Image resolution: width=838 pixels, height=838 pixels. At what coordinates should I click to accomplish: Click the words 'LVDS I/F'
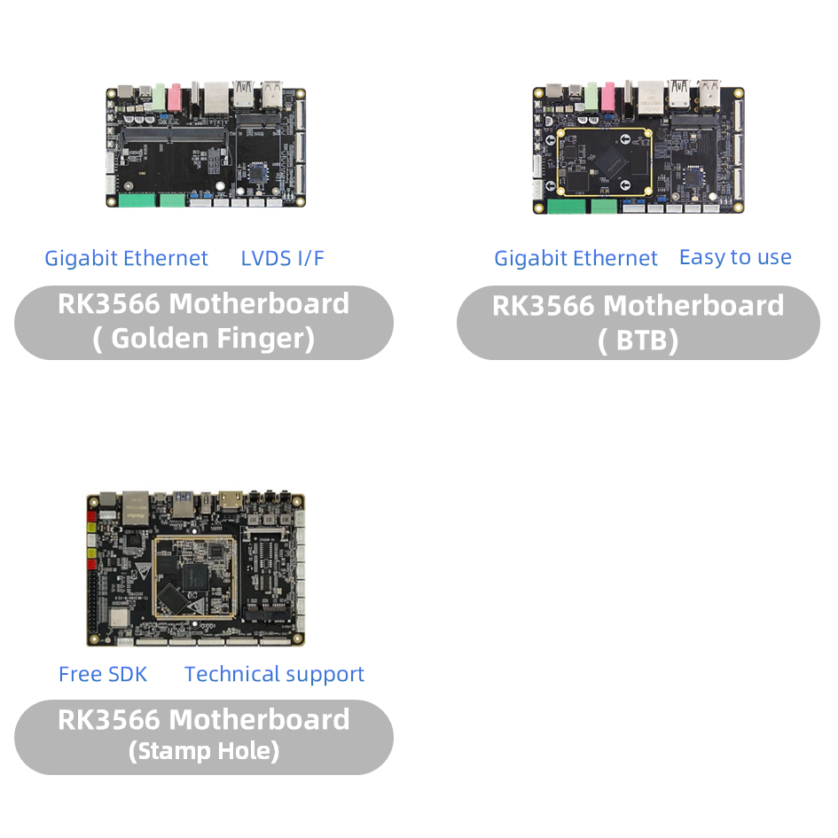pos(282,258)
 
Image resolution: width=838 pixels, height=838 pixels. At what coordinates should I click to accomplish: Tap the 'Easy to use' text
pos(735,257)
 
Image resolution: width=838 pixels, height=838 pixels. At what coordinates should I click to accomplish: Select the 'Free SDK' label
pos(103,674)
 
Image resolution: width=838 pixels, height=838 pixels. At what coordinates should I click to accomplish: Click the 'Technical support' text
pos(274,675)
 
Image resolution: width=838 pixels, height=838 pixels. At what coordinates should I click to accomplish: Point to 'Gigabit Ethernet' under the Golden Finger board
pos(126,259)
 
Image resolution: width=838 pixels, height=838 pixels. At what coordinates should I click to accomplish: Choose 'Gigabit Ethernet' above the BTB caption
pos(576,259)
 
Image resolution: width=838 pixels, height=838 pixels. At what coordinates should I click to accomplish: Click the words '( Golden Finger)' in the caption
pos(204,338)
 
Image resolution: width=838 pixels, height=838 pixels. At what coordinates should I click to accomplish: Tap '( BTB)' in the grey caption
pos(638,341)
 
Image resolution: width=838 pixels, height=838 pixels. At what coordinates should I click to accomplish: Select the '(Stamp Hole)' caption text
pos(204,751)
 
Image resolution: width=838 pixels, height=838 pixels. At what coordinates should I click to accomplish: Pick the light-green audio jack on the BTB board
pos(591,96)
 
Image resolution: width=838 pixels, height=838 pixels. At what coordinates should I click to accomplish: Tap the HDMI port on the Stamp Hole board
pos(230,501)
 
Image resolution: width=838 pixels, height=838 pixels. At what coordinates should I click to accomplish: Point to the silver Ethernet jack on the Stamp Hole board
pos(136,508)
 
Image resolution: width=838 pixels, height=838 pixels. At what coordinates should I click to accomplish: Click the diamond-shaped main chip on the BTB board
pos(612,161)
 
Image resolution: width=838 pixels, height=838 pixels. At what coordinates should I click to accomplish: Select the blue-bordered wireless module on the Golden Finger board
pos(258,174)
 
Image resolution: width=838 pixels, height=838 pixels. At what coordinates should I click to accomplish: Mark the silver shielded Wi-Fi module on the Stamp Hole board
pos(119,618)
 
